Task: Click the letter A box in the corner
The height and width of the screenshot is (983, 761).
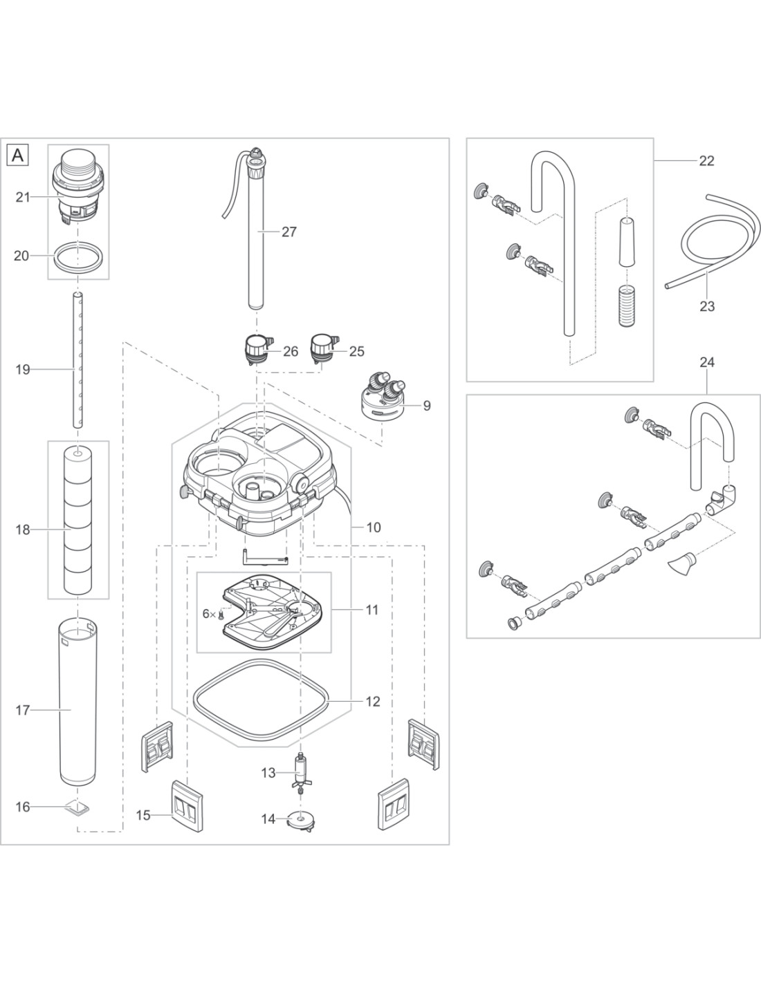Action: pos(17,156)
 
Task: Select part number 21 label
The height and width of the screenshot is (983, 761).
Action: pos(23,197)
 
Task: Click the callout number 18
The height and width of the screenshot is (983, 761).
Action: pos(23,530)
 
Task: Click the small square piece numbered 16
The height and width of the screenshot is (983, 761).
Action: pos(79,807)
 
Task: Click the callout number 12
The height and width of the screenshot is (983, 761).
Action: pos(372,702)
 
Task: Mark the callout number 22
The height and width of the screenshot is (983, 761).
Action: pos(706,160)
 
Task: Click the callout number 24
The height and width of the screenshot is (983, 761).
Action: pos(706,362)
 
